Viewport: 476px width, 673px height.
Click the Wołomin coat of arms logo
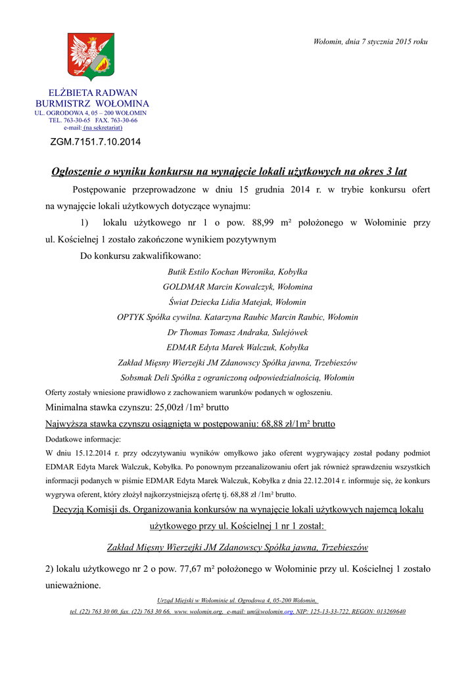91,57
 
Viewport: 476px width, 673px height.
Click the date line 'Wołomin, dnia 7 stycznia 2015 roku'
370,42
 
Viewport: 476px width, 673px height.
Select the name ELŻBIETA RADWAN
93,93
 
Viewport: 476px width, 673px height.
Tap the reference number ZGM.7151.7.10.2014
95,141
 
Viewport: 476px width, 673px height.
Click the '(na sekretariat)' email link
103,128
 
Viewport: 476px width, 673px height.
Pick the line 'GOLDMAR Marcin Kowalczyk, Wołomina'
237,287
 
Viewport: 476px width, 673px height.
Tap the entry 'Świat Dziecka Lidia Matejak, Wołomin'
237,302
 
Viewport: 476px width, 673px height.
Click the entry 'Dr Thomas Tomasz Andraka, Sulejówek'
237,333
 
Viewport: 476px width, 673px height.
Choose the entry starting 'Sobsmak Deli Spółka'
237,378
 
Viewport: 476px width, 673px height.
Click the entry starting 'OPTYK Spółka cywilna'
237,317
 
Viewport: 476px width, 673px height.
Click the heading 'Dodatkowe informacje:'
78,438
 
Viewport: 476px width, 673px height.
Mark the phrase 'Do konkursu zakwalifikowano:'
141,255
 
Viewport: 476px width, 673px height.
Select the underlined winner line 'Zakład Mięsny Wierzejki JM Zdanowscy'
237,547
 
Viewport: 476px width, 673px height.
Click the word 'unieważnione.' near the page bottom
73,584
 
